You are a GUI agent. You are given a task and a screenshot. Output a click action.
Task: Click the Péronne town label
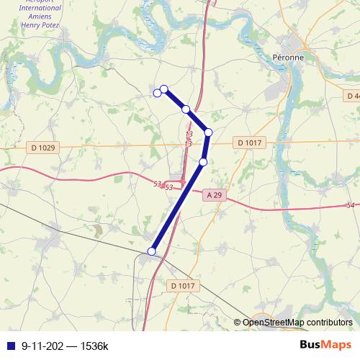(x=289, y=57)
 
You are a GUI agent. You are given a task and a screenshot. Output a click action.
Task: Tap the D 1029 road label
(x=43, y=148)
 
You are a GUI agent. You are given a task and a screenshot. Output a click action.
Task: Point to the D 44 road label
(x=351, y=96)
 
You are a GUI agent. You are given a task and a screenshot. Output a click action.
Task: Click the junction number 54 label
(x=351, y=206)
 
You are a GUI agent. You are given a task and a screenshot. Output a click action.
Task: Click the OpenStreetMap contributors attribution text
(x=297, y=323)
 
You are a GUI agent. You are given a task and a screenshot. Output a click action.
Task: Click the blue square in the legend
(x=9, y=346)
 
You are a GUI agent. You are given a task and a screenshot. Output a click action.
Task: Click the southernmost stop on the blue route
(x=151, y=251)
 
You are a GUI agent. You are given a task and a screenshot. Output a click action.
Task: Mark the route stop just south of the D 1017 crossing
(x=203, y=162)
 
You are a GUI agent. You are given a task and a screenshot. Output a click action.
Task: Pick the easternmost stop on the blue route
(x=208, y=132)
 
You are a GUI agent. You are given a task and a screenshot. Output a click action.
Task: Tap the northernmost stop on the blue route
(x=163, y=89)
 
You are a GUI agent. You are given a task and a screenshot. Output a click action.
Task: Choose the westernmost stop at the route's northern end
(x=157, y=93)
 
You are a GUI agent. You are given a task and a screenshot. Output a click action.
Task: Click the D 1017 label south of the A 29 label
(x=183, y=286)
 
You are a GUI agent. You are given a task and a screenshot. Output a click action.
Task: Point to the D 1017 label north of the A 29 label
(x=248, y=143)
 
